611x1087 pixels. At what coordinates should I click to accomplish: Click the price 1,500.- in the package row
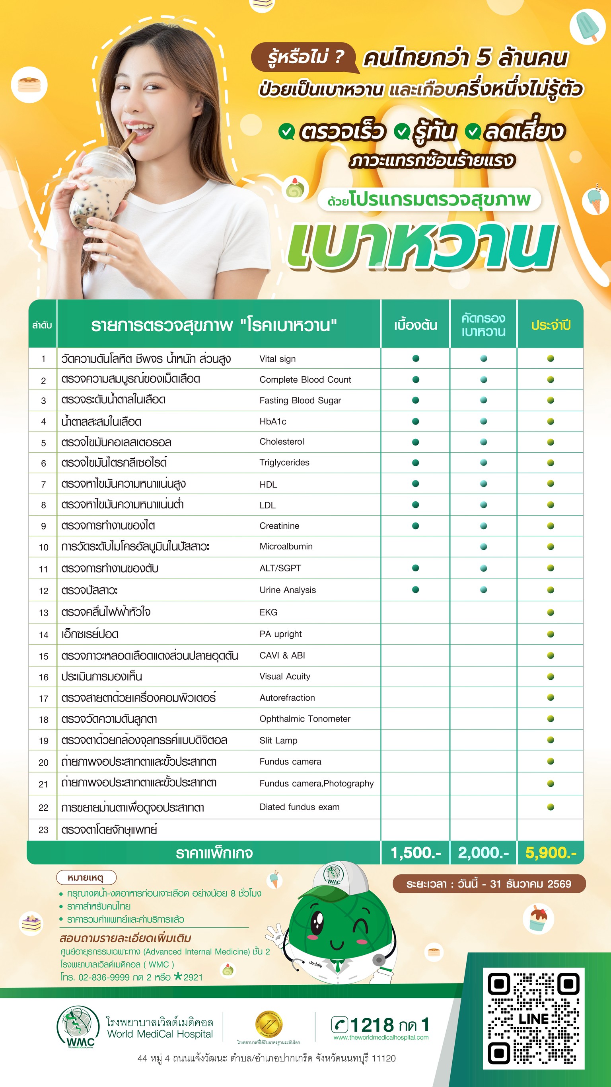pyautogui.click(x=415, y=853)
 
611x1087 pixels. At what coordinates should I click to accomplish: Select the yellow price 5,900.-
pyautogui.click(x=550, y=853)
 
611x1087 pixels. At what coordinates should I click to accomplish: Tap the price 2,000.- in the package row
pyautogui.click(x=483, y=853)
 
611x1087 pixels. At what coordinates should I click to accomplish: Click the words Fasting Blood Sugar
pyautogui.click(x=300, y=401)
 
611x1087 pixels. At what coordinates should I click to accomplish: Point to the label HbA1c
pyautogui.click(x=273, y=422)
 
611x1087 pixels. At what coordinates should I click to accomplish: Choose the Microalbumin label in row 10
pyautogui.click(x=286, y=546)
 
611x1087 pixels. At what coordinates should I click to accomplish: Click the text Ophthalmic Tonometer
pyautogui.click(x=305, y=719)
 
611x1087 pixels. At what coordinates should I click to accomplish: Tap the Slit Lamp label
pyautogui.click(x=278, y=741)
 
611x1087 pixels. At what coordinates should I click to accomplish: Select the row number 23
pyautogui.click(x=43, y=830)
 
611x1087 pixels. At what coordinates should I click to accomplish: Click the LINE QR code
pyautogui.click(x=533, y=1018)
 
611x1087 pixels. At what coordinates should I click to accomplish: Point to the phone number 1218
pyautogui.click(x=371, y=1025)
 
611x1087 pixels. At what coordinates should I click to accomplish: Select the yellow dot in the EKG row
pyautogui.click(x=550, y=613)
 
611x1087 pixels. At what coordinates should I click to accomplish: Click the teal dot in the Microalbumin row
pyautogui.click(x=483, y=547)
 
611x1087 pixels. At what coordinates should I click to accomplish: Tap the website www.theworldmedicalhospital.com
pyautogui.click(x=381, y=1038)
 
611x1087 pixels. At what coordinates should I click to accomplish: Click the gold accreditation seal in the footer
pyautogui.click(x=268, y=1024)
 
